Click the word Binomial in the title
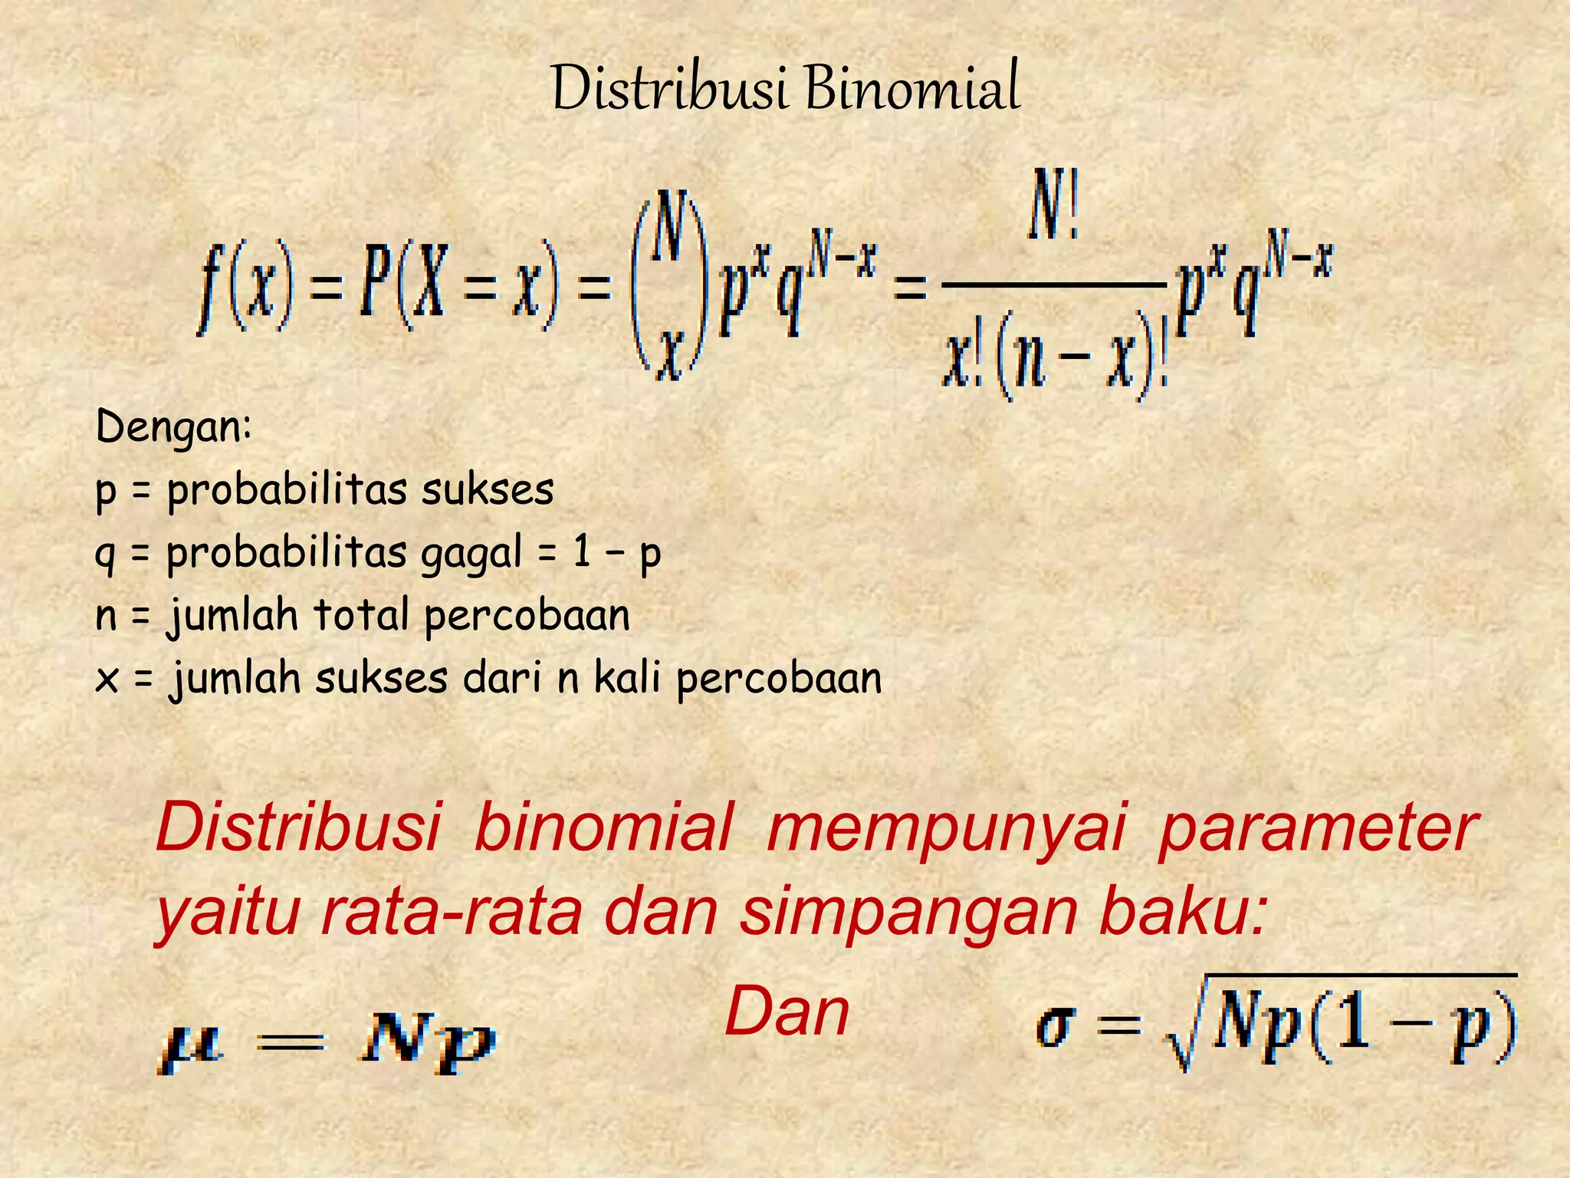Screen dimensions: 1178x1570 [912, 89]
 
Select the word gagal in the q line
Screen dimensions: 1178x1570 [471, 554]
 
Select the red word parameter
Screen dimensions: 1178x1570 [1315, 828]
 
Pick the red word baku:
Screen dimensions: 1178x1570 [1181, 913]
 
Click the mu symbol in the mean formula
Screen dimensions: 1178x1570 [191, 1045]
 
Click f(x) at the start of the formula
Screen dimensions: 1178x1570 [245, 284]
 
